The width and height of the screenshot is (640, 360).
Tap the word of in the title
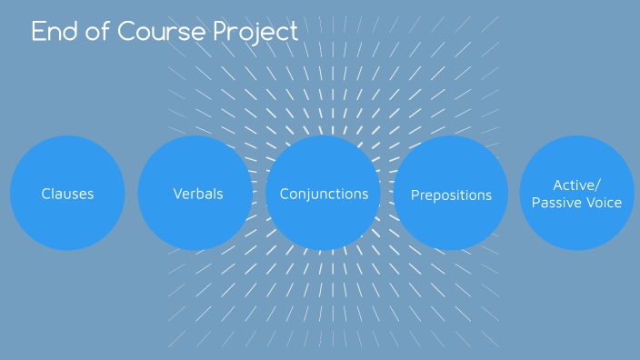point(96,32)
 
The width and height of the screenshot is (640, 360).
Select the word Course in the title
point(161,32)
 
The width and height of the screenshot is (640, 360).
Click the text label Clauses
point(67,194)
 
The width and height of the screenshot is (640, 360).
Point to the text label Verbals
point(197,194)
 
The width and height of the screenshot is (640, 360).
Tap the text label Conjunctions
point(324,194)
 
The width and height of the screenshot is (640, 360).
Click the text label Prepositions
point(451,195)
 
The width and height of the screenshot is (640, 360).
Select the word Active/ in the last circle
point(576,185)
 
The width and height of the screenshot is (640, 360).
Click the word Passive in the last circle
point(557,203)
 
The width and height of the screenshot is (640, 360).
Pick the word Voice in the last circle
point(604,203)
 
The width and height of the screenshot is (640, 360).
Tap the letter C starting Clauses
point(45,194)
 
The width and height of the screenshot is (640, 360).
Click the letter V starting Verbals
point(177,194)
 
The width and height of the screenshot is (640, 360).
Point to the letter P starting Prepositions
point(415,195)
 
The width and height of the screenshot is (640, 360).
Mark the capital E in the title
point(38,32)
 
